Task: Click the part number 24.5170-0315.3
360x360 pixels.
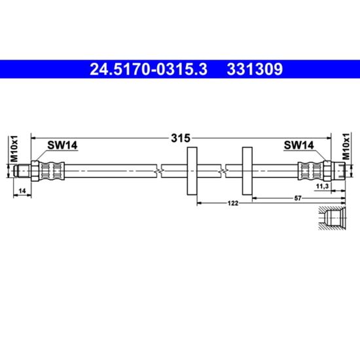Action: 149,69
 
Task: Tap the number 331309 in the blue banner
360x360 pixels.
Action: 255,69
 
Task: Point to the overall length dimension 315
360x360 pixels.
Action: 181,138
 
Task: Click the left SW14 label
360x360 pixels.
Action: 62,145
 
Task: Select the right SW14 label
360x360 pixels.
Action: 298,145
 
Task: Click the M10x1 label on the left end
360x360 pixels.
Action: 13,149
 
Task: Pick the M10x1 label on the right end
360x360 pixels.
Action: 346,146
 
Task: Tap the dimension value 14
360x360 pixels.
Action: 22,190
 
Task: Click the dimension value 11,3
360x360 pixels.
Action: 322,187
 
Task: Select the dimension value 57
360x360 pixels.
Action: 298,198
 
